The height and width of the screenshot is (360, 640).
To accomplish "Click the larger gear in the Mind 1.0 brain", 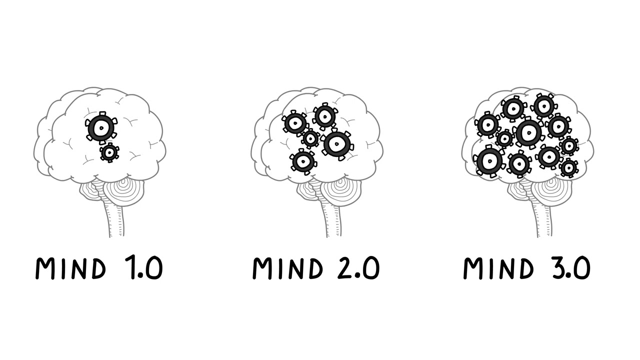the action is point(101,128).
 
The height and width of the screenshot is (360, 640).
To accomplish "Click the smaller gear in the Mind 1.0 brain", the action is point(109,152).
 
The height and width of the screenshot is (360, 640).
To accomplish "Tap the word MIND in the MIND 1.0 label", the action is point(70,268).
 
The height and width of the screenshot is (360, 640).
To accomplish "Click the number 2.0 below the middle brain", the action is point(358,268).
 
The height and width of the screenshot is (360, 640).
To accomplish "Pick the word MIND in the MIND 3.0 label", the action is point(498,268).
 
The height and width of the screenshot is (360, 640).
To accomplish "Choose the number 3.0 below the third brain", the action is point(570,268).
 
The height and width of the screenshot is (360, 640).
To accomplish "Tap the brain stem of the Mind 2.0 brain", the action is point(332,220).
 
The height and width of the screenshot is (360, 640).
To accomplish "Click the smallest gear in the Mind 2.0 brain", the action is point(310,138).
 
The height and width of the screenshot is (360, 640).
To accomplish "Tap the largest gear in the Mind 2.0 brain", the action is point(337,144).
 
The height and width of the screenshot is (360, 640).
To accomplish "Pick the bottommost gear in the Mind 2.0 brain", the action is point(302,161).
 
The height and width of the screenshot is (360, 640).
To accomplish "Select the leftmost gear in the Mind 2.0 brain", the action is point(295,123).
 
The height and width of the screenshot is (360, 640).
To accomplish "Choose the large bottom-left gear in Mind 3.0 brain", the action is point(489,161).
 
